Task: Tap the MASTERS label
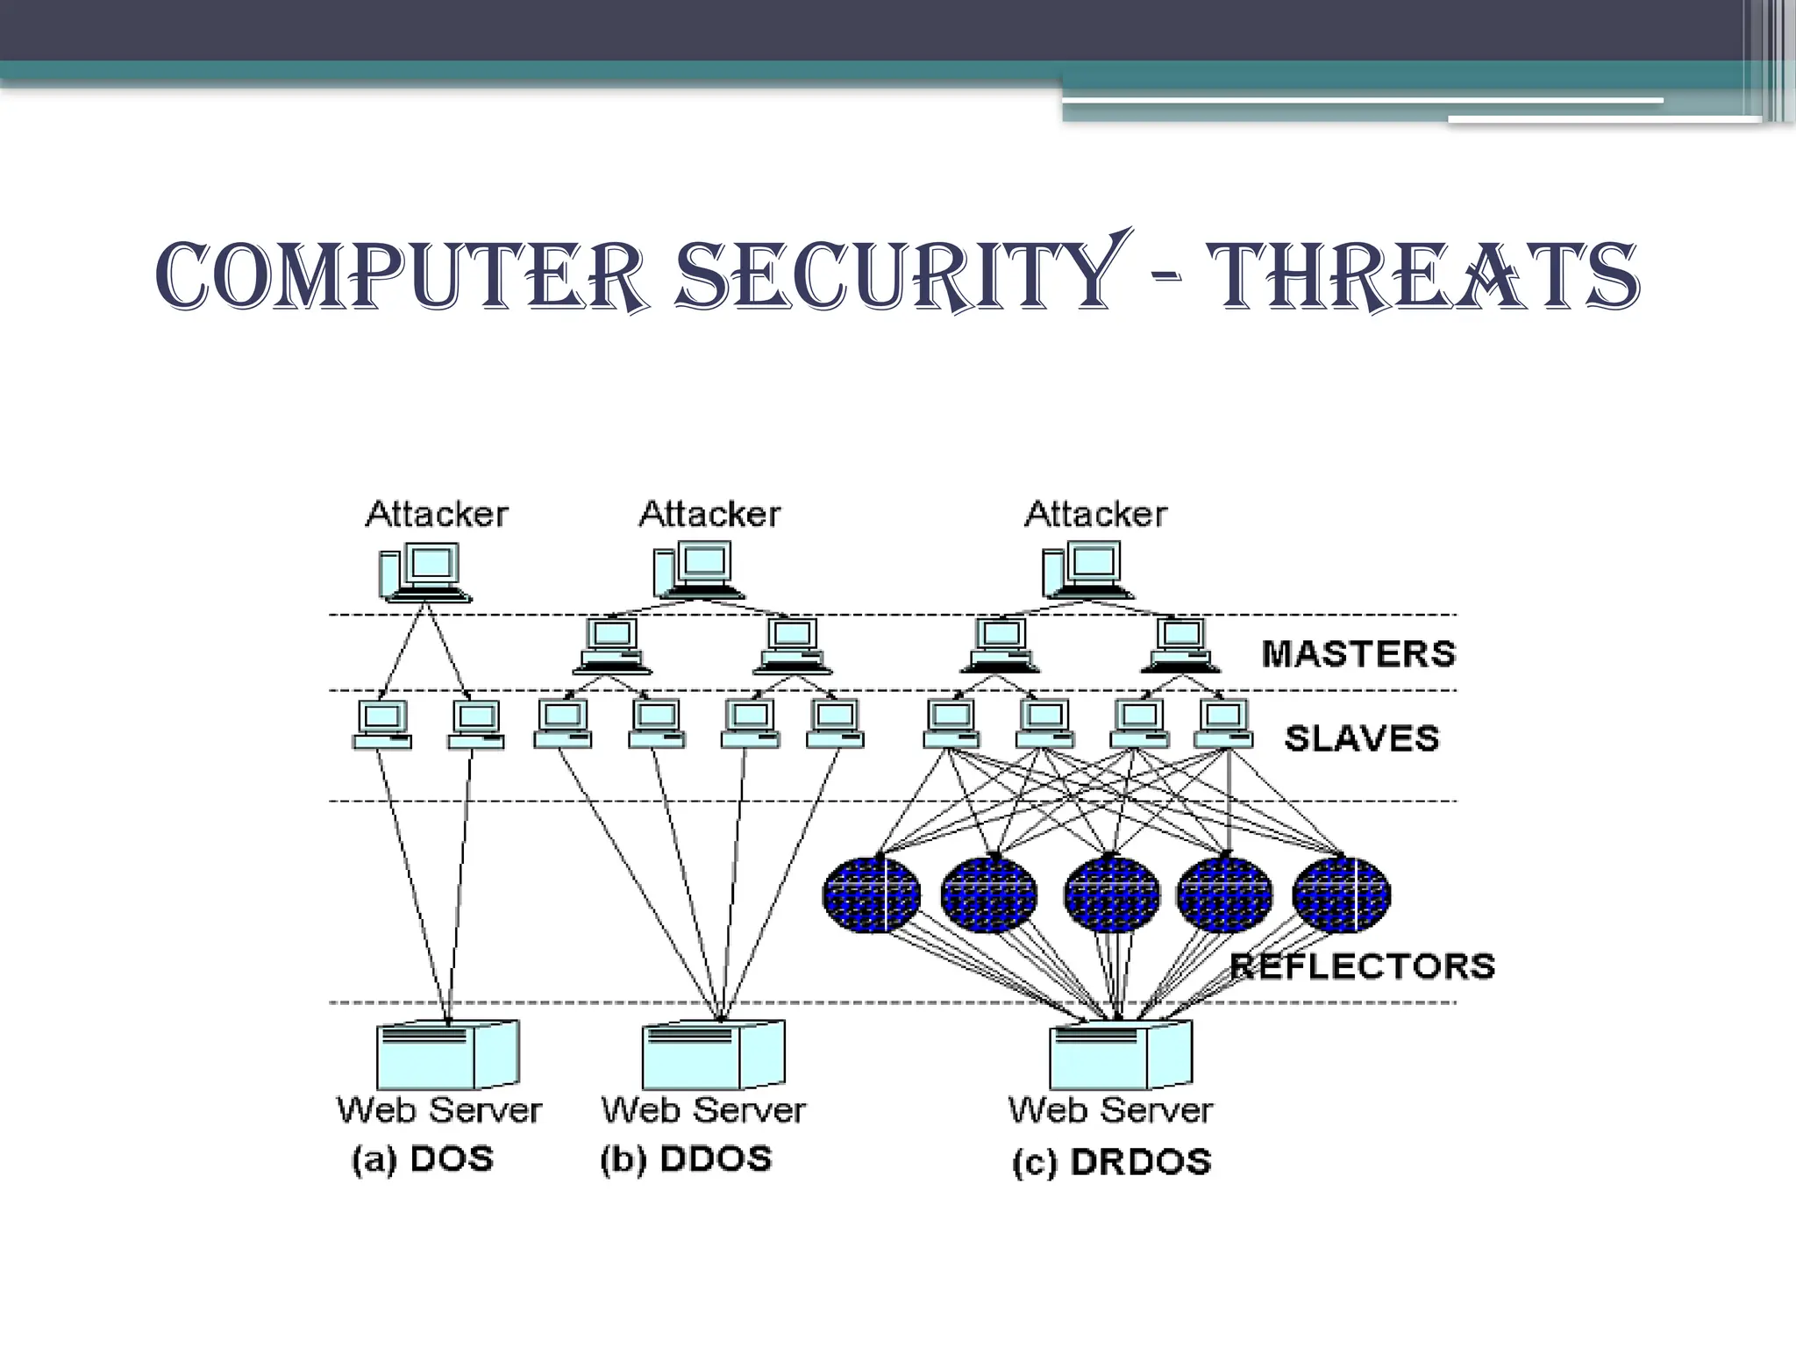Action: (x=1358, y=654)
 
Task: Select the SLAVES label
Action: (x=1362, y=738)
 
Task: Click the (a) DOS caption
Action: (x=423, y=1159)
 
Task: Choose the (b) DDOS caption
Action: (x=686, y=1159)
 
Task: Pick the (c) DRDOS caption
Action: (x=1112, y=1162)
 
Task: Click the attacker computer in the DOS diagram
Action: (x=424, y=572)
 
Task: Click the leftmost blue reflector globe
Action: (x=871, y=894)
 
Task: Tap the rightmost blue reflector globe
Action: (x=1341, y=894)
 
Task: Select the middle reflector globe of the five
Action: (x=1111, y=894)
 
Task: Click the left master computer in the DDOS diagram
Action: (x=612, y=645)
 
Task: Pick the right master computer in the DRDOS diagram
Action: (x=1180, y=645)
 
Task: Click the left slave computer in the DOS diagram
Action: (x=382, y=724)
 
